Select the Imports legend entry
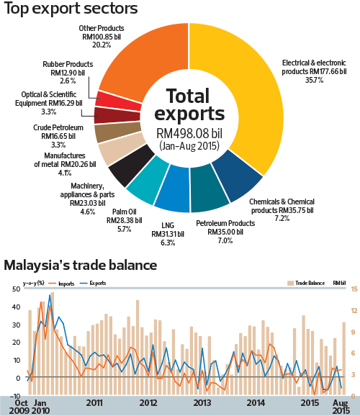point(66,284)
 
